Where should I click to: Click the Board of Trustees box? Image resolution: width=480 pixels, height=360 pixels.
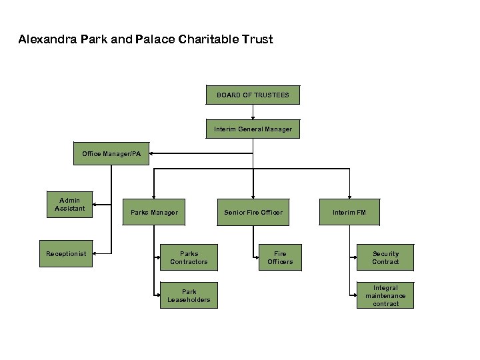pos(253,95)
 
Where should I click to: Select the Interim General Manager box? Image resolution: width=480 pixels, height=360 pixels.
pos(253,129)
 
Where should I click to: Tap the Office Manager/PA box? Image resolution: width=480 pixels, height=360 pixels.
pos(111,154)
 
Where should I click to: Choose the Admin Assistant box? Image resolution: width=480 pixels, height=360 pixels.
pos(69,205)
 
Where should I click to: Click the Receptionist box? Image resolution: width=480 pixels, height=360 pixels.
pos(66,254)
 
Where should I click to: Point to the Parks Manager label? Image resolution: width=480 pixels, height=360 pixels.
pos(154,213)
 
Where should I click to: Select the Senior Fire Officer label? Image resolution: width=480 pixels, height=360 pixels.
pos(253,213)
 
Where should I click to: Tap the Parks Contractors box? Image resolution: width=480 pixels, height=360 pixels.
pos(189,258)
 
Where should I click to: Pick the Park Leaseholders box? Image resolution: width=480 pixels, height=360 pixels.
pos(189,295)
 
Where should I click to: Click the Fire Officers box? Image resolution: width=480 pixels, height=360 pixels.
pos(280,258)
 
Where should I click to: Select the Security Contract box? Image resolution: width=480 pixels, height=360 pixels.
pos(385,258)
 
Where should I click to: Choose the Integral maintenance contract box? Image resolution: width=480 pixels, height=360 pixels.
pos(385,295)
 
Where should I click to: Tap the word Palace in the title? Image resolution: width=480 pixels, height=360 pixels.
pos(155,39)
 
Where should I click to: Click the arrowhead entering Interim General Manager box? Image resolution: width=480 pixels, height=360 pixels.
pos(253,118)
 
